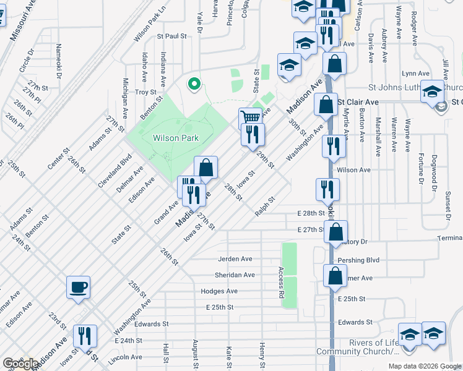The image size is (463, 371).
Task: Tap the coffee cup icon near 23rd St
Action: [x=79, y=287]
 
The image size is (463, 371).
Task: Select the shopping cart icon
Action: [x=250, y=117]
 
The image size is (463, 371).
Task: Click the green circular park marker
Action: [x=194, y=84]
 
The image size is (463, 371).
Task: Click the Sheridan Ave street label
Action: [x=236, y=275]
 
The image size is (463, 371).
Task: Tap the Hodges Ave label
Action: [x=219, y=291]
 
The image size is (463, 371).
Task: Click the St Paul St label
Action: [x=171, y=36]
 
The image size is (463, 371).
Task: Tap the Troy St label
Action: [x=145, y=92]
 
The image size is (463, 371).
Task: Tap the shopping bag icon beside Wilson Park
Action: [x=206, y=167]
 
